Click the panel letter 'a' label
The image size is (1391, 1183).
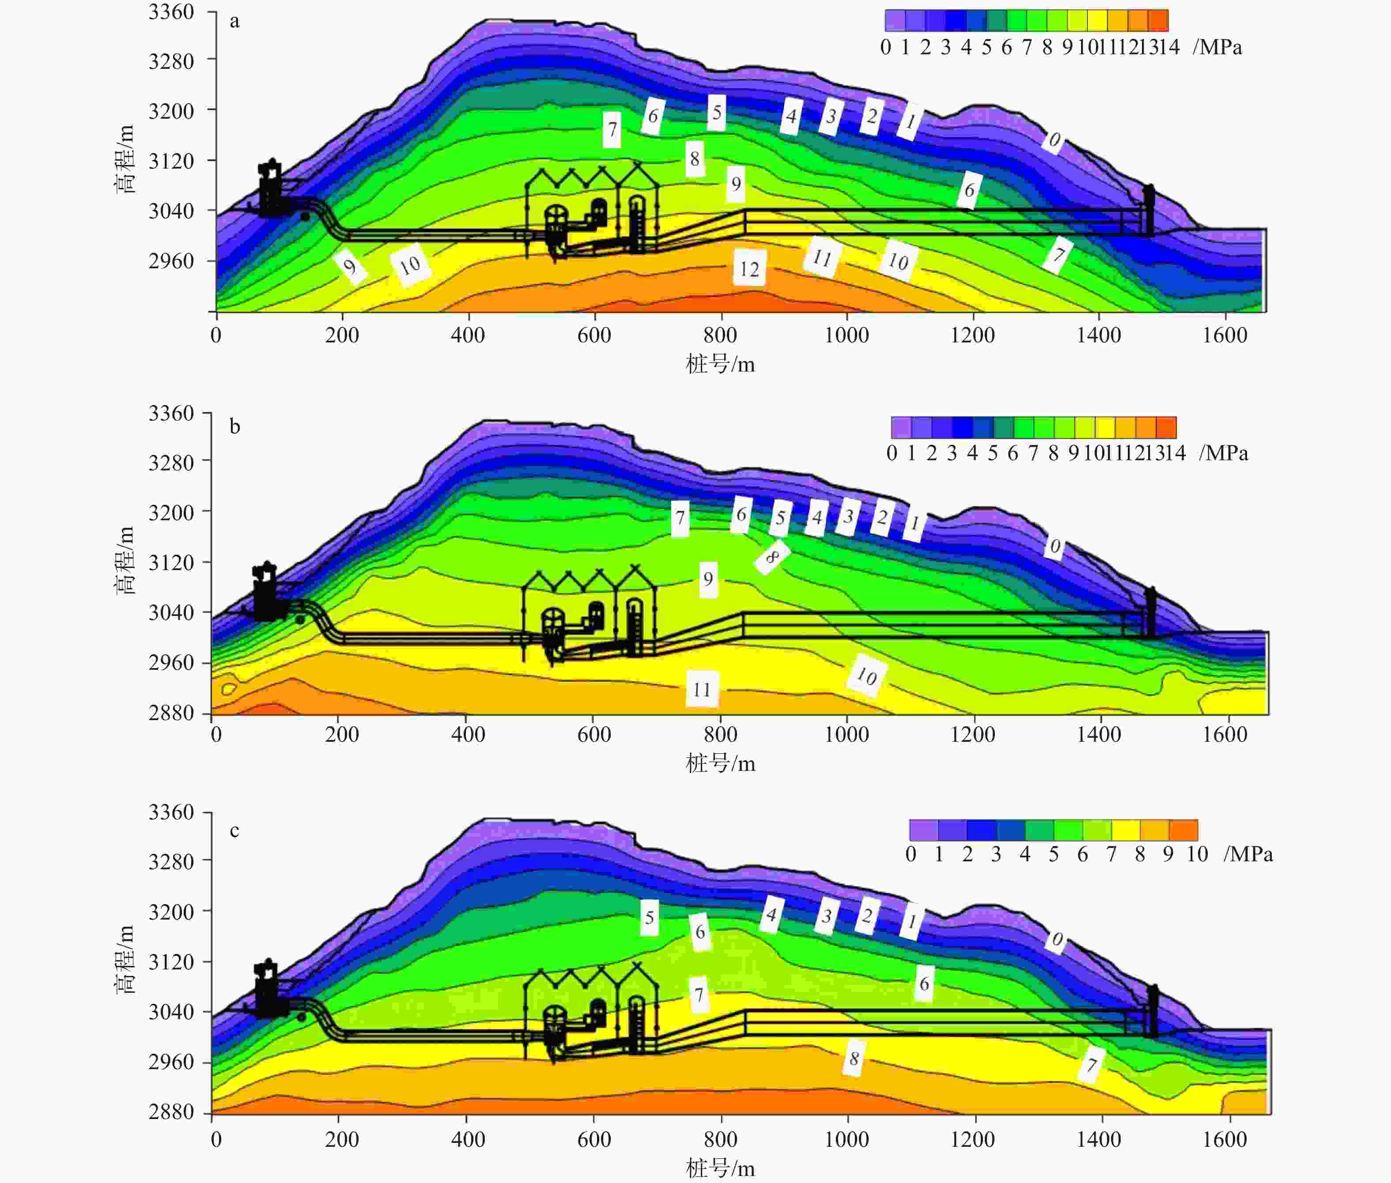(x=234, y=22)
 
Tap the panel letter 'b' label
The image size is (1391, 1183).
(x=234, y=427)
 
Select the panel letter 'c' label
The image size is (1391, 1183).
(x=234, y=831)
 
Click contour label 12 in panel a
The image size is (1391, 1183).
(x=749, y=268)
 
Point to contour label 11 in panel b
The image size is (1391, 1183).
(x=702, y=689)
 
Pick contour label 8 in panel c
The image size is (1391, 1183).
(x=854, y=1058)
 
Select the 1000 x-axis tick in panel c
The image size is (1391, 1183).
(x=847, y=1139)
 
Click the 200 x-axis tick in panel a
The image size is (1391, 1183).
(x=342, y=334)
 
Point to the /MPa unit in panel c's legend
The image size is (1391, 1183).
(x=1248, y=854)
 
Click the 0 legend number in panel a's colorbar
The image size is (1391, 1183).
(x=886, y=47)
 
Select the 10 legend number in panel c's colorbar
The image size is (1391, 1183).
(x=1197, y=854)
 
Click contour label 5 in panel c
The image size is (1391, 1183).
(x=649, y=917)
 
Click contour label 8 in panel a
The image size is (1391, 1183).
(x=695, y=159)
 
